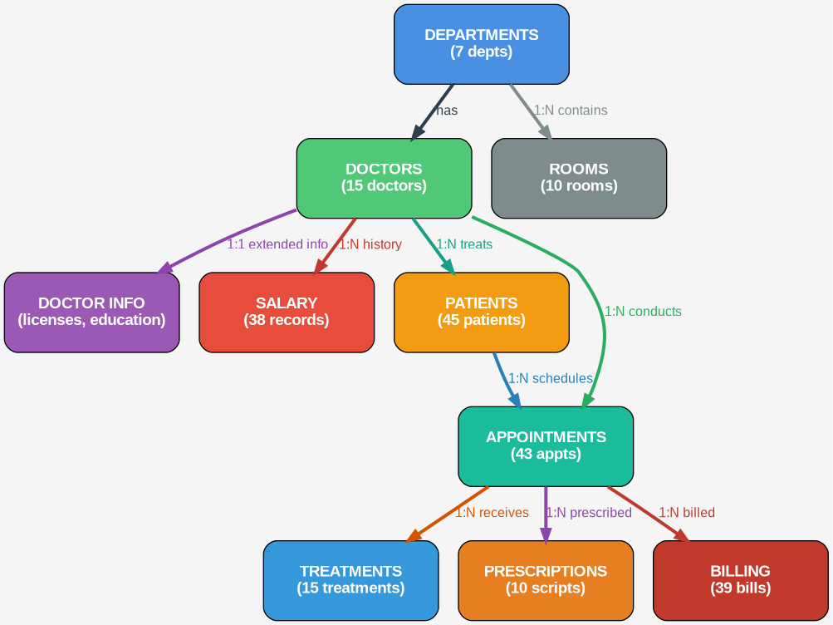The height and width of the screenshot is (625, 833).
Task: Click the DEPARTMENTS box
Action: (481, 44)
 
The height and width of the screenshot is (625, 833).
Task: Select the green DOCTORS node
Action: (384, 178)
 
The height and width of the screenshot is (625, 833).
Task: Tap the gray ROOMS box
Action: (579, 178)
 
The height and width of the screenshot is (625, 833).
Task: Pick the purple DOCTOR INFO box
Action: (91, 312)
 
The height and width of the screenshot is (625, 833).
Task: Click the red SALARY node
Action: (287, 312)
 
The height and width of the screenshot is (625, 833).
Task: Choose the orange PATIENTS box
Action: (481, 312)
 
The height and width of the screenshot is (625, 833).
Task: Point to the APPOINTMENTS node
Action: (546, 446)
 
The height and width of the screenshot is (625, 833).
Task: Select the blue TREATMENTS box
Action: (350, 580)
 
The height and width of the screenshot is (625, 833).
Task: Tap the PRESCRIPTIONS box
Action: (546, 580)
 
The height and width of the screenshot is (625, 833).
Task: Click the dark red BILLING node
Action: (740, 580)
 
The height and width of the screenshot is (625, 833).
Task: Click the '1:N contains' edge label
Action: (570, 110)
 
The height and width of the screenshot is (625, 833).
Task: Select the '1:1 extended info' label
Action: (277, 244)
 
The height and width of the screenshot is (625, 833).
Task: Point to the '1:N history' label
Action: (370, 244)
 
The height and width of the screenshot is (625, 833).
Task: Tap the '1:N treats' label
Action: (464, 244)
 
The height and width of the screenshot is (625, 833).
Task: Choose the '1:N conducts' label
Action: (643, 312)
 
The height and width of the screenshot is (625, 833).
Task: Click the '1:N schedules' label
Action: (550, 378)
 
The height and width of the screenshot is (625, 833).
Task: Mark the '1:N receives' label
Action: (491, 512)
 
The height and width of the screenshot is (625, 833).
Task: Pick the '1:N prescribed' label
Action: (589, 512)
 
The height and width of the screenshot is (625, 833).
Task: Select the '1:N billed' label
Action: (687, 512)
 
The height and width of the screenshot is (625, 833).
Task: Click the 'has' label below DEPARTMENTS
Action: (447, 110)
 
